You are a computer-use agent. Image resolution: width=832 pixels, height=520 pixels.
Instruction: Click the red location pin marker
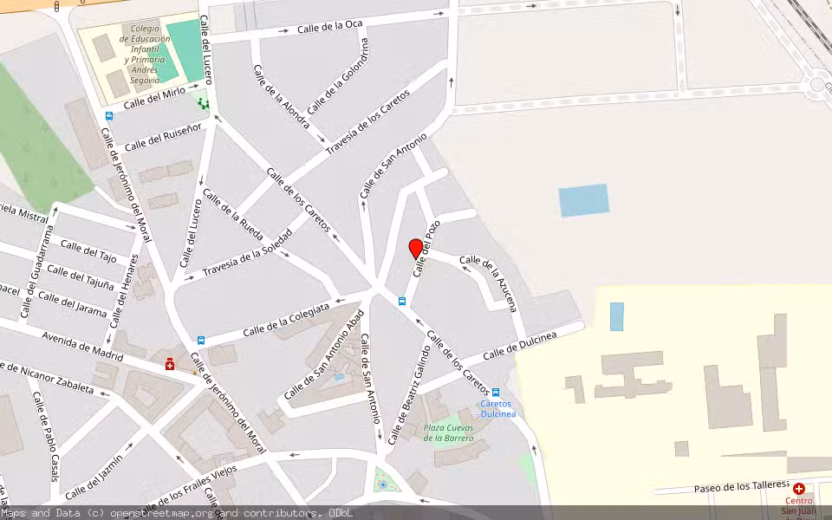[416, 249]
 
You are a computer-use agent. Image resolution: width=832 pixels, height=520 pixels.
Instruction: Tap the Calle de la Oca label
[329, 26]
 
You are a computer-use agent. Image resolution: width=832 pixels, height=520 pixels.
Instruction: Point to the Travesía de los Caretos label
[367, 129]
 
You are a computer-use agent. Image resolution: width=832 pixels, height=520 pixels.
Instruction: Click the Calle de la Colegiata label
[287, 319]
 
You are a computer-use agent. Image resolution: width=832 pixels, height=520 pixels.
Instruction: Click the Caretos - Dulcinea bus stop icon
[495, 393]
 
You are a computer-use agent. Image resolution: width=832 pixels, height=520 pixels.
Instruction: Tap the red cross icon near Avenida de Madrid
[171, 365]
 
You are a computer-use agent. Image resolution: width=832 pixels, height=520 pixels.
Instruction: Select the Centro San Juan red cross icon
[798, 489]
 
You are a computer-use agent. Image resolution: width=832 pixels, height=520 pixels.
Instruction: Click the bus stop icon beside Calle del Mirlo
[109, 115]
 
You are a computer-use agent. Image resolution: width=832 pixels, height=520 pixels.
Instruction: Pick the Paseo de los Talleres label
[741, 488]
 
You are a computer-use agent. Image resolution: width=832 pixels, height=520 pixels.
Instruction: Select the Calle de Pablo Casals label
[45, 436]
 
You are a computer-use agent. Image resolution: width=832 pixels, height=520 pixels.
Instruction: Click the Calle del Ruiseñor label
[163, 135]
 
